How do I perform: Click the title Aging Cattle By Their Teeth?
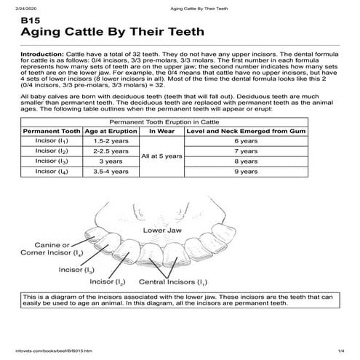pyautogui.click(x=112, y=33)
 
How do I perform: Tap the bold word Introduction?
pyautogui.click(x=42, y=55)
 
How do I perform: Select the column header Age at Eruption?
pyautogui.click(x=110, y=132)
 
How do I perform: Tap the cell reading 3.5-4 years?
pyautogui.click(x=110, y=172)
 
